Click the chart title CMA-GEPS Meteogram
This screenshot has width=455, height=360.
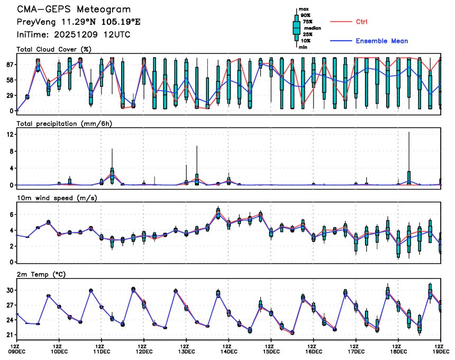[74, 10]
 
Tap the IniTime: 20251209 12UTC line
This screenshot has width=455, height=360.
[74, 34]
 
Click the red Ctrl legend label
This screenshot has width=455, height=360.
[361, 22]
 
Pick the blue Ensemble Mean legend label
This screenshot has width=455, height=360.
[381, 41]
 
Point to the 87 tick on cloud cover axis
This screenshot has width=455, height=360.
[10, 65]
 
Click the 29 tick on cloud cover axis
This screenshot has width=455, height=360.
[10, 95]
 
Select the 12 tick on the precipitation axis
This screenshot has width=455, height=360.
[10, 134]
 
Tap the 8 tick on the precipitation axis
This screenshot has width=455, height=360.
[11, 151]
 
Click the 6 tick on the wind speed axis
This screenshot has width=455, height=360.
[11, 214]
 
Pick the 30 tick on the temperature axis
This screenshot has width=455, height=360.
[10, 290]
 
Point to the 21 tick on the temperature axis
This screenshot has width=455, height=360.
[10, 335]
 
